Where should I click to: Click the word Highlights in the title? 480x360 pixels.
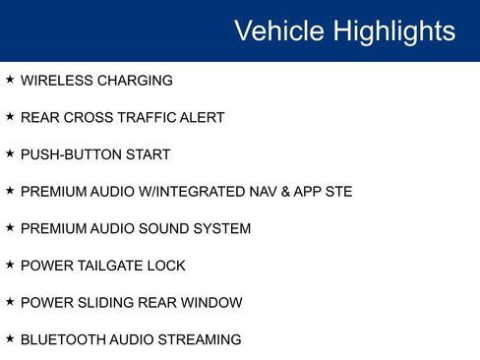(393, 30)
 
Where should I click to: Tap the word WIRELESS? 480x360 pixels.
(54, 81)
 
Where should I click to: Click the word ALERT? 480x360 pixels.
(202, 118)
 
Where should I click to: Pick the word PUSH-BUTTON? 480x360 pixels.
(74, 154)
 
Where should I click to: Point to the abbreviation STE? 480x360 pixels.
(336, 192)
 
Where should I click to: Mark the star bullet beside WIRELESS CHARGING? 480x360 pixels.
(10, 79)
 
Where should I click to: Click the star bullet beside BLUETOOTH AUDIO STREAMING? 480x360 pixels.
(10, 338)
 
